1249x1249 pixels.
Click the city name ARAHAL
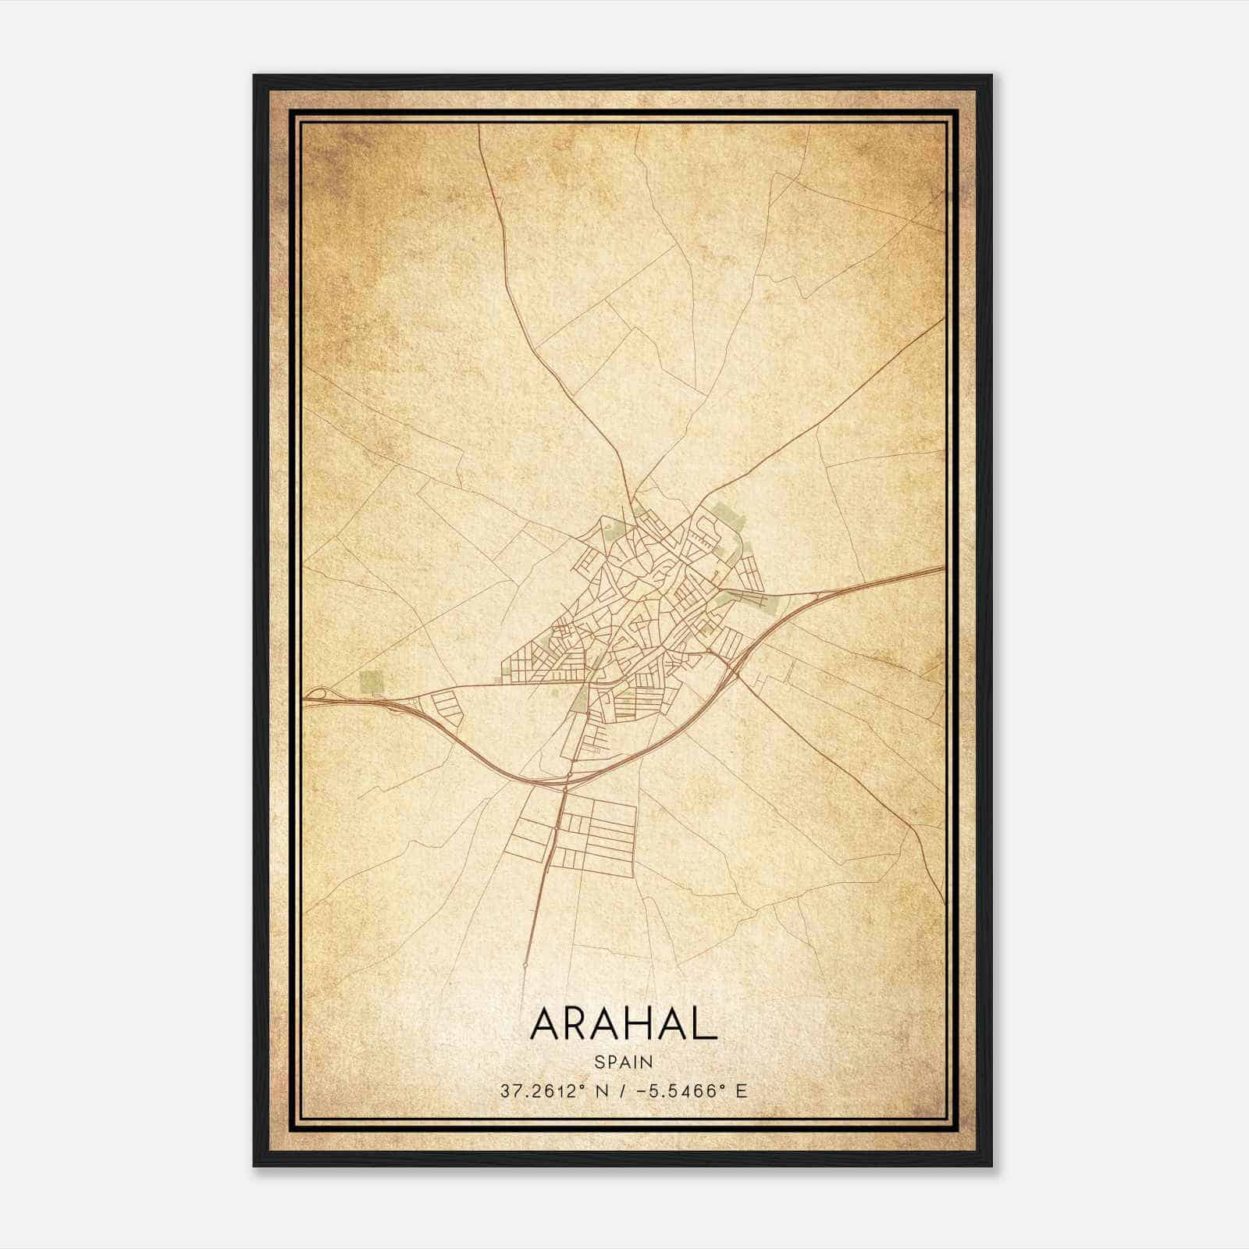pos(623,1023)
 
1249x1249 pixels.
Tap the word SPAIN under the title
pos(624,1062)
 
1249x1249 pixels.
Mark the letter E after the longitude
pos(741,1091)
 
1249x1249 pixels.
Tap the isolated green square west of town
pos(372,681)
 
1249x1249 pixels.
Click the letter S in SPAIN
pos(599,1062)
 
